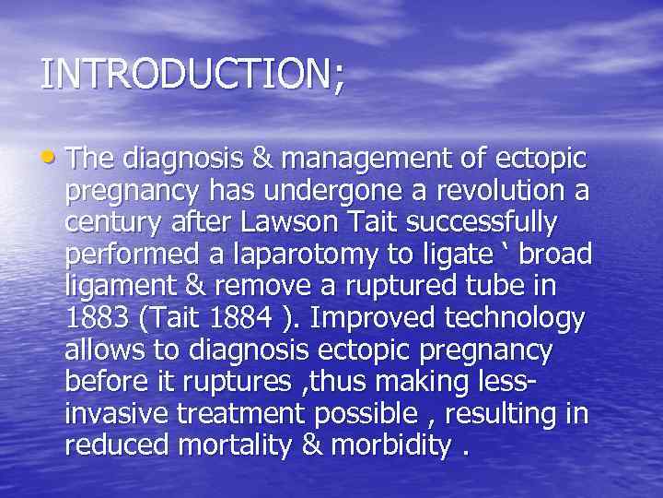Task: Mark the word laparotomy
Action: click(x=282, y=255)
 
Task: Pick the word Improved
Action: click(x=377, y=319)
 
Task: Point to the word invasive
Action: click(x=115, y=415)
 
